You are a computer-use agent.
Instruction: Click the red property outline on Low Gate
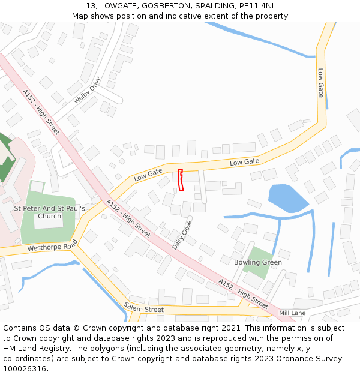point(181,180)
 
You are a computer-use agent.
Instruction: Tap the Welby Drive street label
point(88,90)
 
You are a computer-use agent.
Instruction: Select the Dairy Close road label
point(182,235)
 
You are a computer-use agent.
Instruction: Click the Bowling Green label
point(258,262)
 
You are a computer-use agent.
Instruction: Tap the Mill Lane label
point(292,313)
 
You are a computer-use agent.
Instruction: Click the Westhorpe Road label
point(53,246)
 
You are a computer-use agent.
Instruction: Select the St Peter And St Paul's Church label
point(49,212)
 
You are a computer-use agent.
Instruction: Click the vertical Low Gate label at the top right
point(320,82)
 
